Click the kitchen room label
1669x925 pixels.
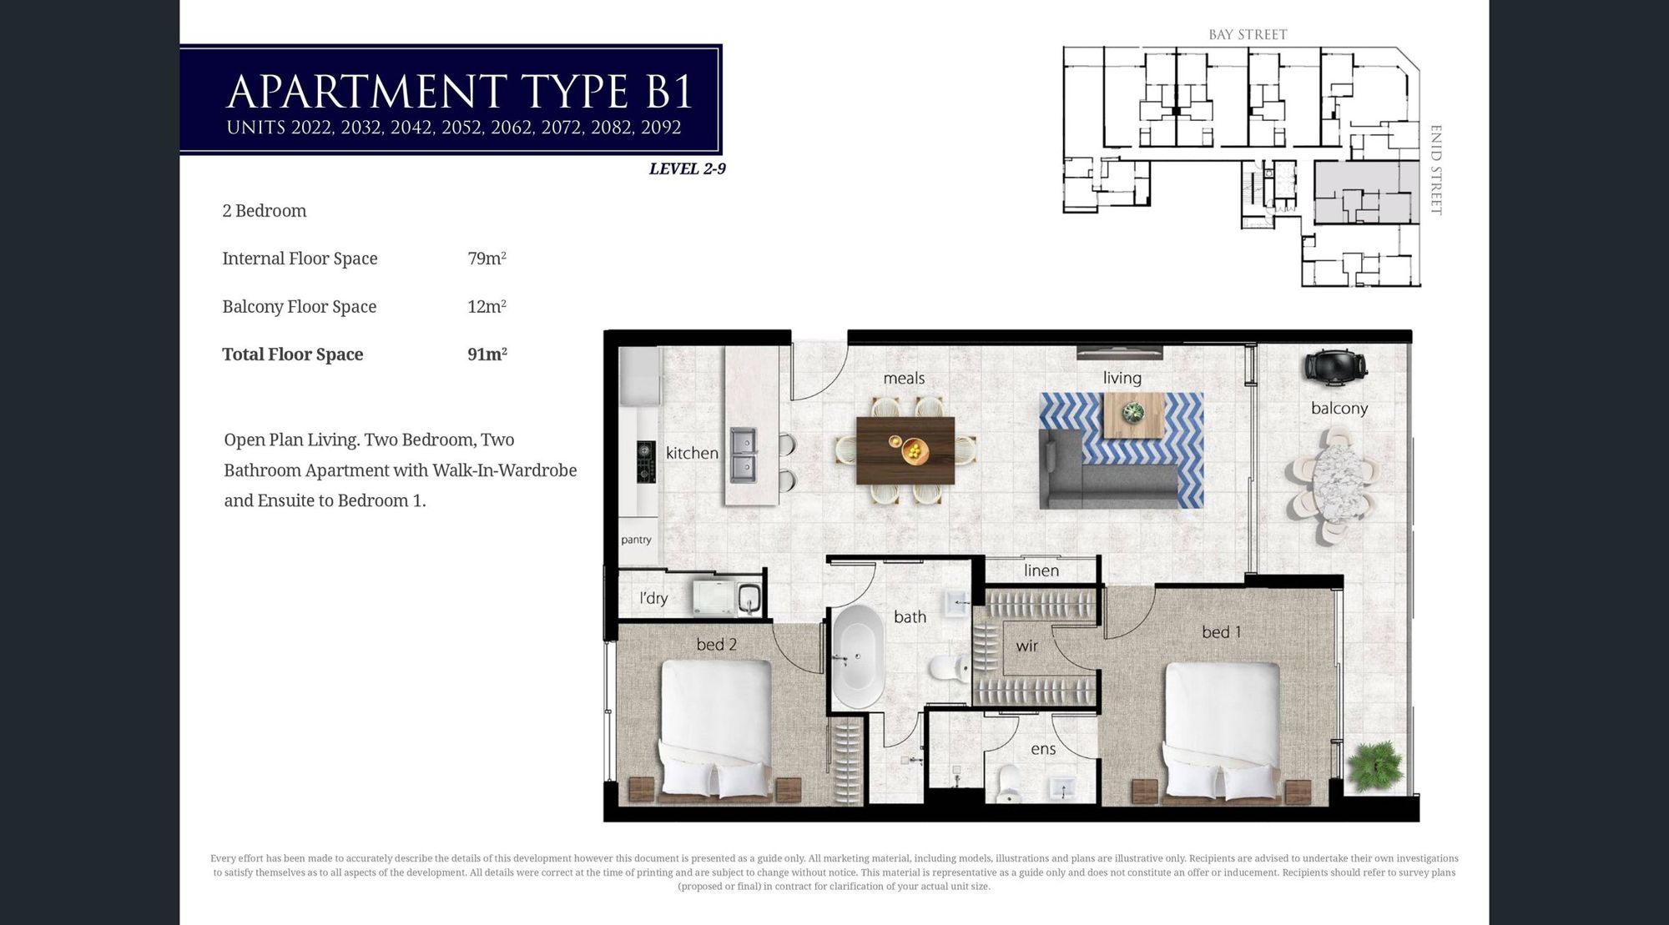692,453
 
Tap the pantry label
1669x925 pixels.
636,540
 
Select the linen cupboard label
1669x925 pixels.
1041,571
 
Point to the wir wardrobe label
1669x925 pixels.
1027,646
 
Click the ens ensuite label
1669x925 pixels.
1043,749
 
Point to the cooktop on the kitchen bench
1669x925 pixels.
644,461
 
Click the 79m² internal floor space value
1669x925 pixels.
487,259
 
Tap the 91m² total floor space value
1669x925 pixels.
487,354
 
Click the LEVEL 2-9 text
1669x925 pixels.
688,168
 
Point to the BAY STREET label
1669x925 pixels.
1248,34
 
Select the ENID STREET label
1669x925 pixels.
1436,170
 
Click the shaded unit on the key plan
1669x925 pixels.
1366,193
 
